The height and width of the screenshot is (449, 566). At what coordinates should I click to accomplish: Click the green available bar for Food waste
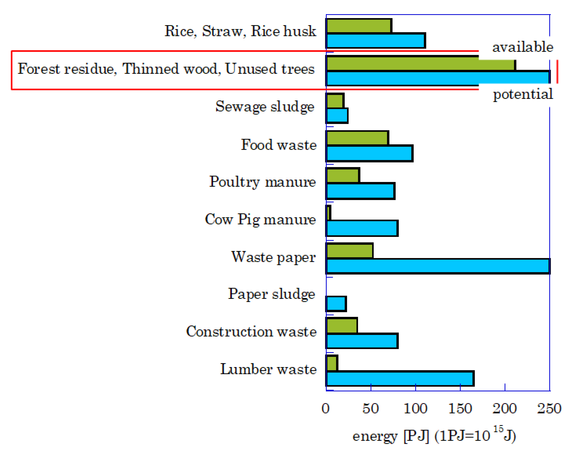357,138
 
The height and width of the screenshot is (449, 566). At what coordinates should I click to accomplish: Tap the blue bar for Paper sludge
336,304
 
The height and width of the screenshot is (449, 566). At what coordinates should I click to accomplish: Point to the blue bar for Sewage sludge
337,116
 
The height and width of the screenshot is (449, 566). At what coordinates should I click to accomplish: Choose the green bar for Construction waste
341,325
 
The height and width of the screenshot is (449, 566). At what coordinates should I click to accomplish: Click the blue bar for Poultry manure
360,191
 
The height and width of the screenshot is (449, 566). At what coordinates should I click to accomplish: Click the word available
522,47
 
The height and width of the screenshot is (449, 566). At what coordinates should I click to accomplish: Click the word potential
523,94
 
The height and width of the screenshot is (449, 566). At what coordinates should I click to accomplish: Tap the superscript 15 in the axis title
498,429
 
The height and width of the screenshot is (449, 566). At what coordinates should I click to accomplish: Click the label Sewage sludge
265,107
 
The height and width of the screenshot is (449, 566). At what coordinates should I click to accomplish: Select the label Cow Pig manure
260,219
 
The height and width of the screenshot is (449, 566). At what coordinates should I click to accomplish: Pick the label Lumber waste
268,369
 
